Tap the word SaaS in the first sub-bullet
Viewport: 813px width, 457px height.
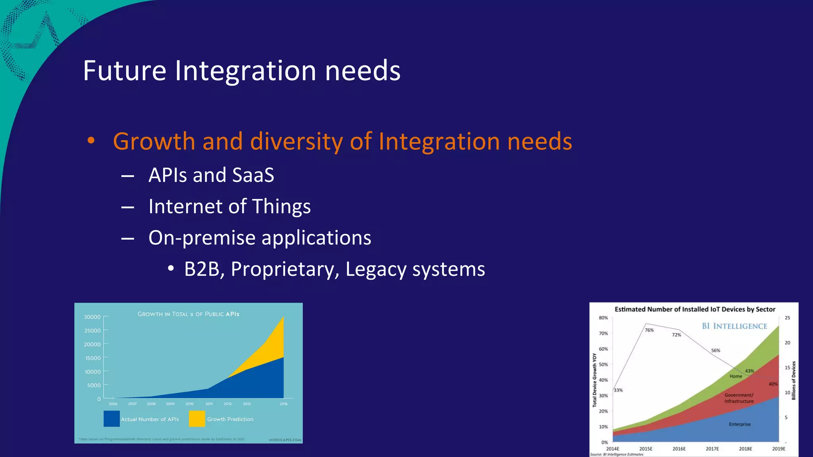pos(253,175)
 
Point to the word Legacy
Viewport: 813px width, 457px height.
pos(376,269)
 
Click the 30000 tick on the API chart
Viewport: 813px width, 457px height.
pos(92,317)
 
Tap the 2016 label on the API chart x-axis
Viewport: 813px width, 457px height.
pos(283,404)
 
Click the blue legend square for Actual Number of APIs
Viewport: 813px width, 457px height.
pos(112,419)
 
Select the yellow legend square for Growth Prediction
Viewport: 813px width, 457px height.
pos(197,419)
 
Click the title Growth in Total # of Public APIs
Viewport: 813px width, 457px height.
pos(188,314)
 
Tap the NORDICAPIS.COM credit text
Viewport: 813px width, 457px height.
pos(285,440)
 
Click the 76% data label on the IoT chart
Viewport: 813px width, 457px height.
pos(649,330)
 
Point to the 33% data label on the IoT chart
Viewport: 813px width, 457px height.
pos(618,390)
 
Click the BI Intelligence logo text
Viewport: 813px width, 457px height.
pos(734,326)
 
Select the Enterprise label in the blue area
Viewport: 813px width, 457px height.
pos(740,424)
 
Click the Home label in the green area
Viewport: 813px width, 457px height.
pos(736,376)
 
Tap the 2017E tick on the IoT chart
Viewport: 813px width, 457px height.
pos(712,449)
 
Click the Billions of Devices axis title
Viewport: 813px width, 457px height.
pos(794,380)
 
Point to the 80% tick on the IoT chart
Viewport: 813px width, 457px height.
pos(603,318)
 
